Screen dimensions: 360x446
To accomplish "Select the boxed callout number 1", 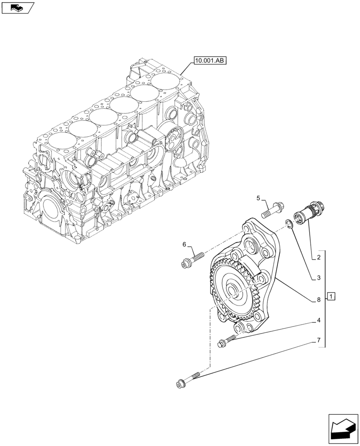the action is [x=331, y=296].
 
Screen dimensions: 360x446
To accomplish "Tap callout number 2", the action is [x=319, y=258].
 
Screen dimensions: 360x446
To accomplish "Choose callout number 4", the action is [x=319, y=320].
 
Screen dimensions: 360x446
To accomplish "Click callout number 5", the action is [x=258, y=198].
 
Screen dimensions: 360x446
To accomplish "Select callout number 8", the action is [x=319, y=300].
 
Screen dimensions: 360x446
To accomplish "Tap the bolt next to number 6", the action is [x=192, y=260].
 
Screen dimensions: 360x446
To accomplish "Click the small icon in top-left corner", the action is [x=17, y=7].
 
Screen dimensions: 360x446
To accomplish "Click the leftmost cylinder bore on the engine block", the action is [x=59, y=141].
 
